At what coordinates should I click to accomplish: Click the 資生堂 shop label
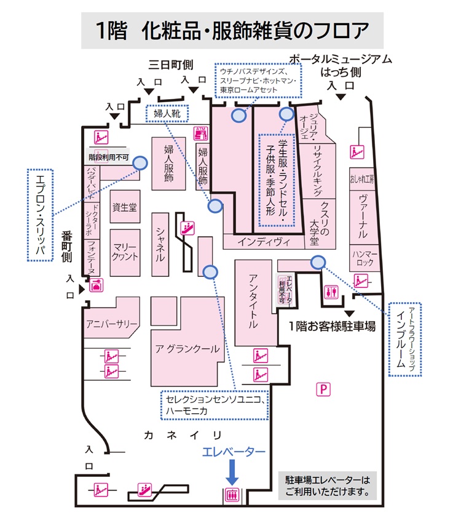tap(125, 208)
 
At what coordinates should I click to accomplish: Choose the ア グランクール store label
tap(187, 349)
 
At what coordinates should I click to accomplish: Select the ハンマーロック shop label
tap(363, 258)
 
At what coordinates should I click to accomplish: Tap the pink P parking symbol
tap(321, 388)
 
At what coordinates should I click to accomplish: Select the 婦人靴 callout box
tap(166, 113)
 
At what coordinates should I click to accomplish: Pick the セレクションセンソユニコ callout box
tap(215, 405)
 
